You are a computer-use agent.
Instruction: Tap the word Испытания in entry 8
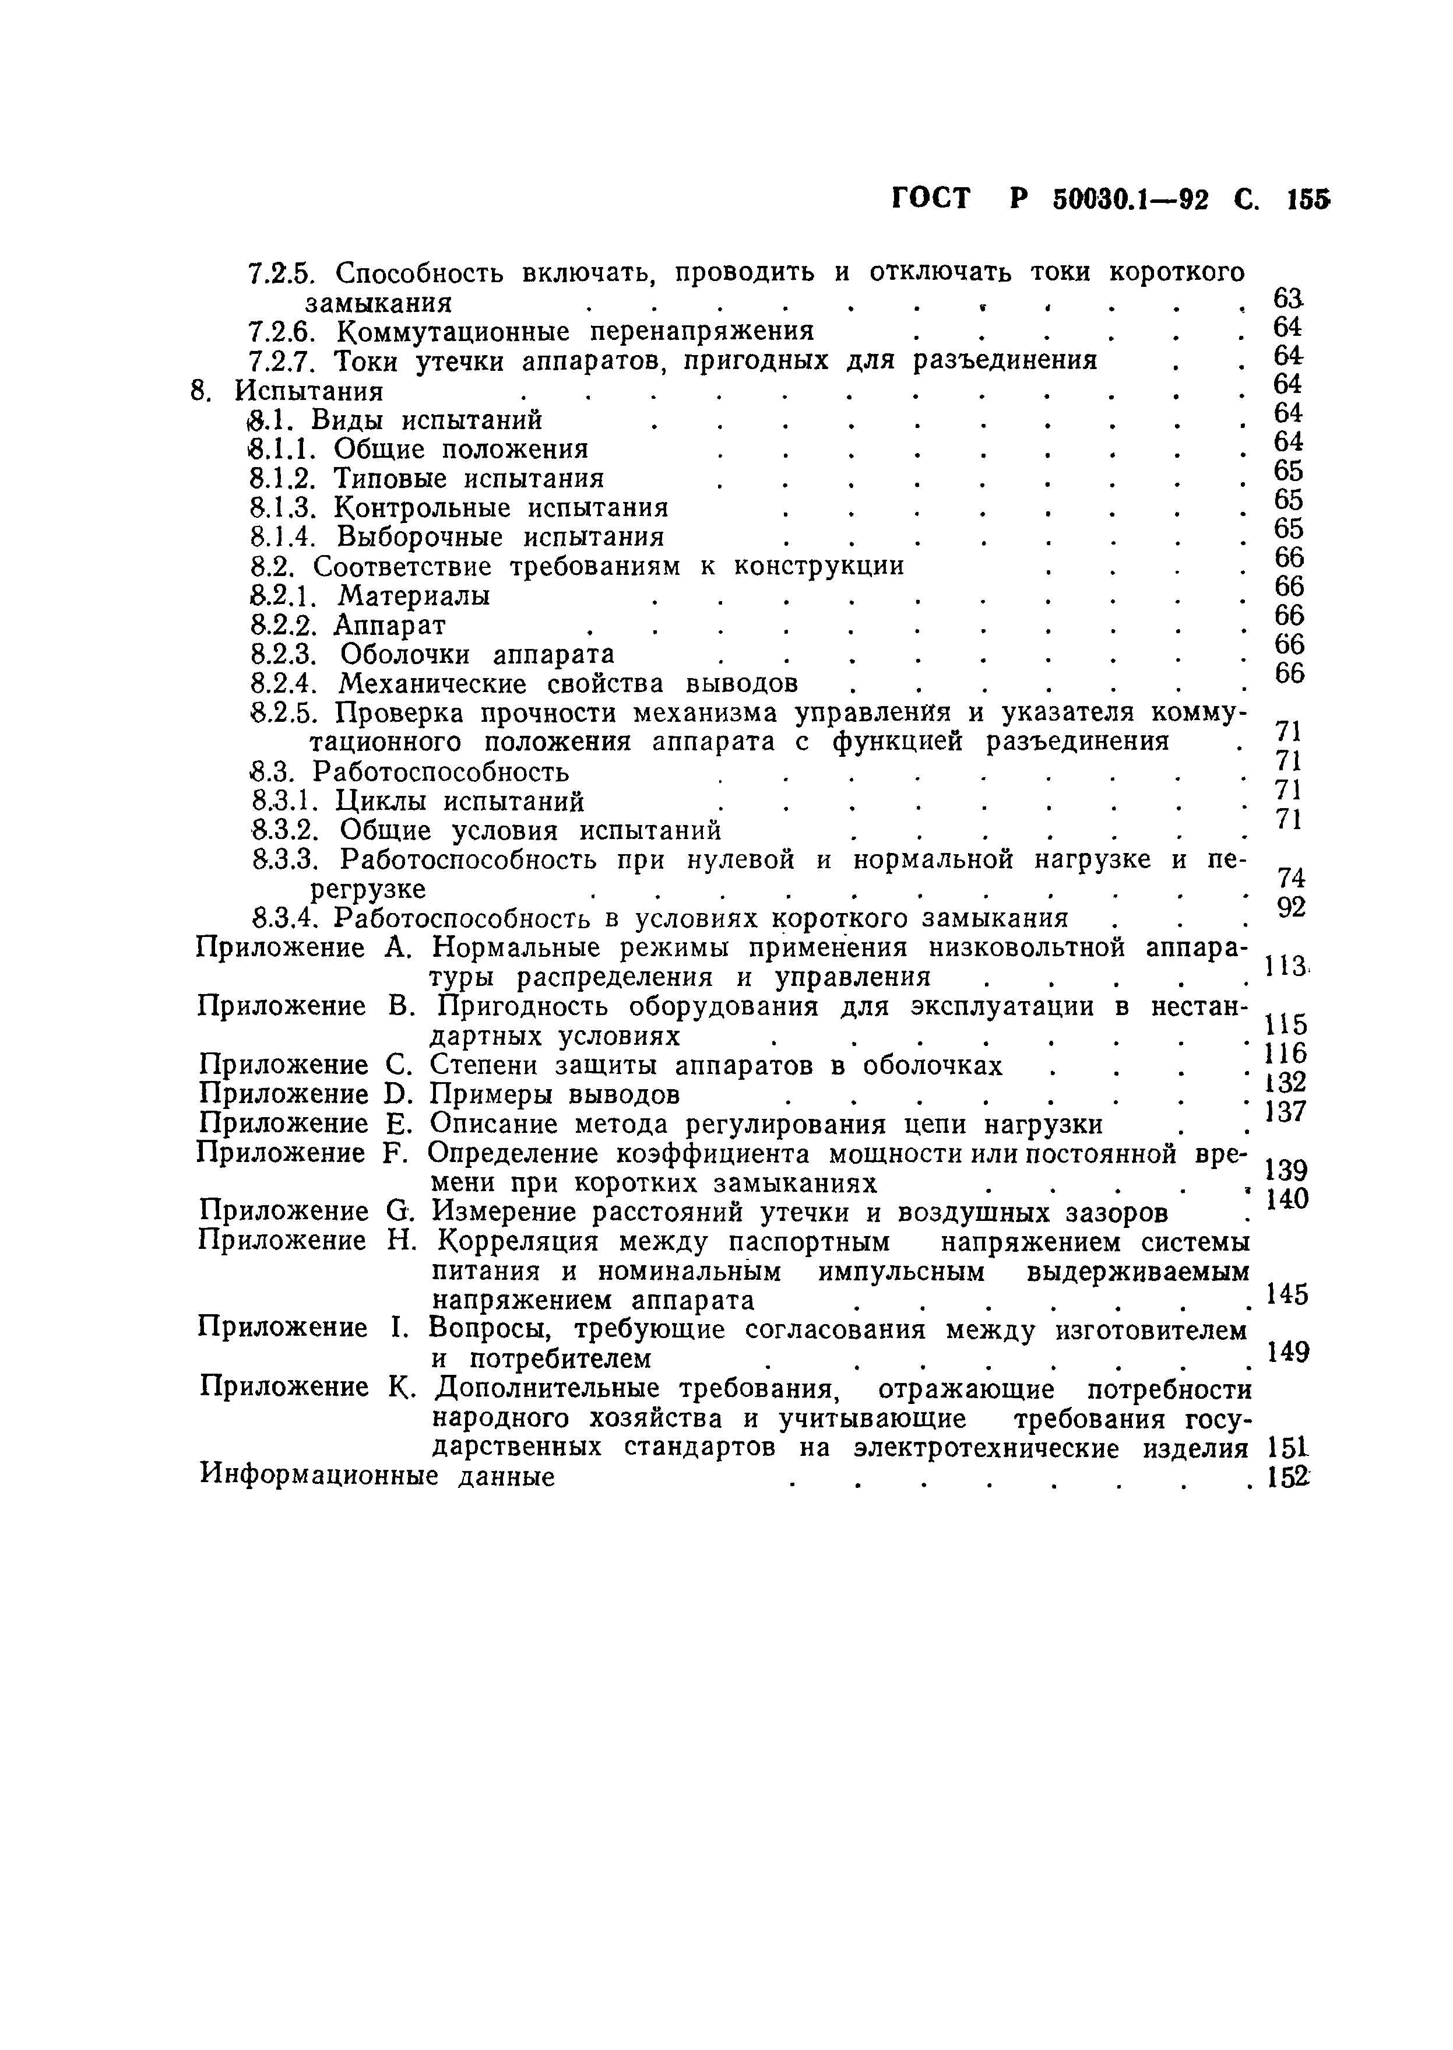pos(309,392)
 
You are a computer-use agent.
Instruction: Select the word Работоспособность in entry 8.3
pos(440,772)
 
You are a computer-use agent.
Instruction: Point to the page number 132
pos(1286,1083)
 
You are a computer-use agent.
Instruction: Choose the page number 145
pos(1289,1294)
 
